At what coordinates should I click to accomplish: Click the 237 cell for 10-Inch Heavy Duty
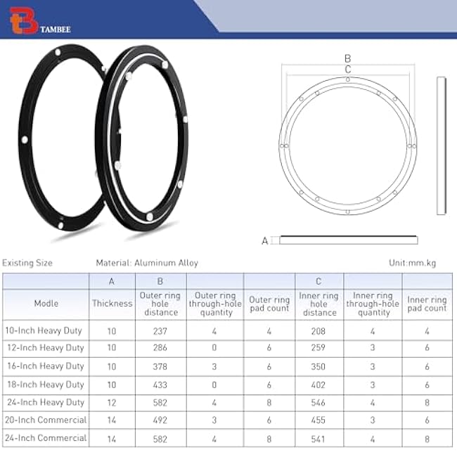(x=161, y=330)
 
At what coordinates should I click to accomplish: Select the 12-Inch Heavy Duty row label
(x=45, y=348)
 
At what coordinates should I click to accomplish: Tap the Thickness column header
(x=112, y=304)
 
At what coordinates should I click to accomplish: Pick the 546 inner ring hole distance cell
(x=318, y=402)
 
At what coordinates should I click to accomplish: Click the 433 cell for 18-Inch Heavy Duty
(x=161, y=385)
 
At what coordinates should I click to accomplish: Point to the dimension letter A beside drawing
(x=265, y=240)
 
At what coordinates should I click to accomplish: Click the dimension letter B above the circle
(x=347, y=59)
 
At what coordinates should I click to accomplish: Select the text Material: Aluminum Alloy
(x=147, y=263)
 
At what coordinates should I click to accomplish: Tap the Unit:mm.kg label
(x=412, y=263)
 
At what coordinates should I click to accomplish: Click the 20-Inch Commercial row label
(x=45, y=420)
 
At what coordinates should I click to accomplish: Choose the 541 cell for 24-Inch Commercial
(x=318, y=438)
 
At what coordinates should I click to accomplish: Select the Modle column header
(x=46, y=304)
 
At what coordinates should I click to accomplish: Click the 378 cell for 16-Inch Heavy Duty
(x=161, y=366)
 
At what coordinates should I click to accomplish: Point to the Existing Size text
(x=27, y=263)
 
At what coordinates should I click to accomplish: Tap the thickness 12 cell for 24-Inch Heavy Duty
(x=112, y=402)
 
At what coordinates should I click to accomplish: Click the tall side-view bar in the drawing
(x=441, y=145)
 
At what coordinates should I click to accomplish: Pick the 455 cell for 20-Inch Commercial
(x=318, y=420)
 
